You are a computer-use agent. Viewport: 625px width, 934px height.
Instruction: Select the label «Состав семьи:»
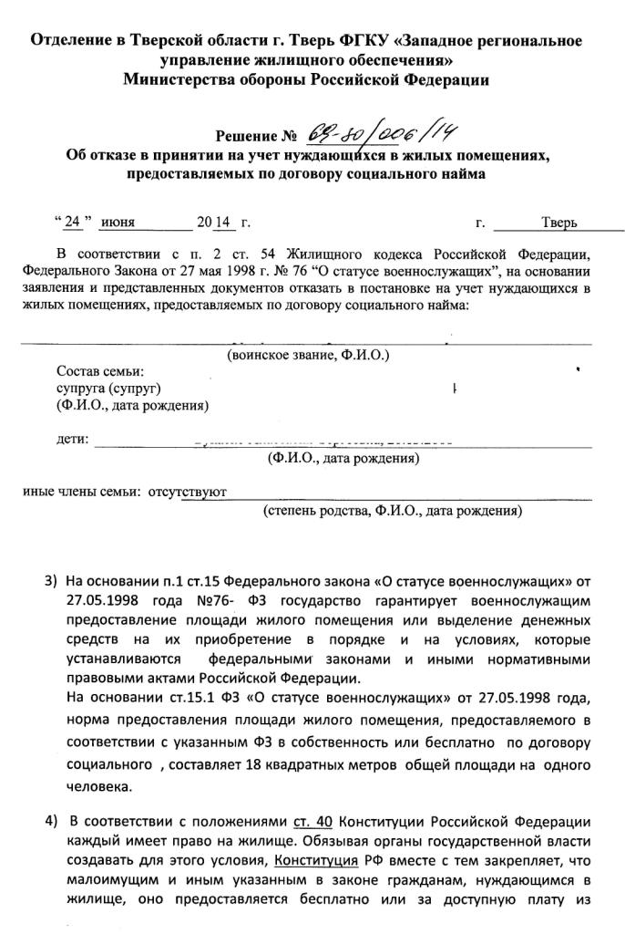(x=100, y=371)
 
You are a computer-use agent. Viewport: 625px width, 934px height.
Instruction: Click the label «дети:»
(x=73, y=440)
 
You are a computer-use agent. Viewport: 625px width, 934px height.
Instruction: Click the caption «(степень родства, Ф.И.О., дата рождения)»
(x=393, y=512)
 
